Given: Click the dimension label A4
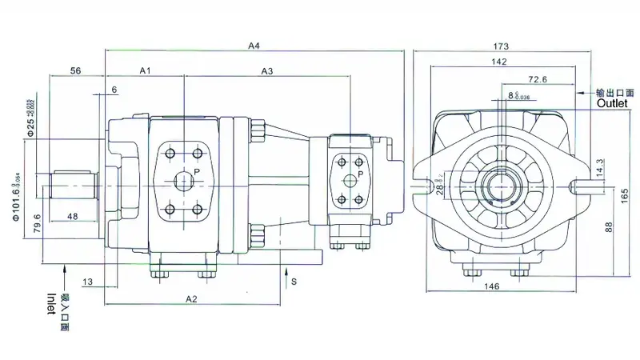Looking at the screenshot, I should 254,46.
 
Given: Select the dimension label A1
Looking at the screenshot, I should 146,71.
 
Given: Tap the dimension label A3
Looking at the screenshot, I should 267,71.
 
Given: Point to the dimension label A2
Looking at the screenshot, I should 191,298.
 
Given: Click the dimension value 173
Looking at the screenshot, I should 502,46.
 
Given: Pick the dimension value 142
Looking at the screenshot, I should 502,62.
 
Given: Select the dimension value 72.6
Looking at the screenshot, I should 538,79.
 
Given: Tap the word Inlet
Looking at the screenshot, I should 50,304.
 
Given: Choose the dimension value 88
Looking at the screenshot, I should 609,227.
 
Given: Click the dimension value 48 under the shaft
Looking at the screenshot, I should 72,216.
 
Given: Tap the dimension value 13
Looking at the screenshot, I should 87,282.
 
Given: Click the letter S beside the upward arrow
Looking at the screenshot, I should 294,282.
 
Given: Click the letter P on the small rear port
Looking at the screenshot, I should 361,173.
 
